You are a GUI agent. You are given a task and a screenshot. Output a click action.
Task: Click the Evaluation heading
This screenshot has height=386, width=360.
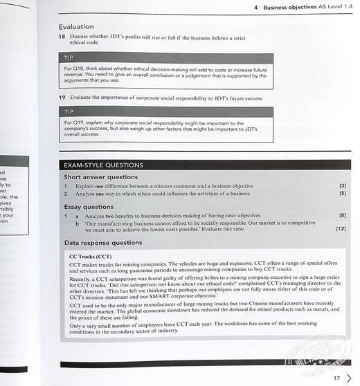point(75,27)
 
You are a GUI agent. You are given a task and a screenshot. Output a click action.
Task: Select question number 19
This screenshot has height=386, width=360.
point(62,99)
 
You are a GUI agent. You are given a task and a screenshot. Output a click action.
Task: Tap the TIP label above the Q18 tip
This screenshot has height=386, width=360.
point(69,59)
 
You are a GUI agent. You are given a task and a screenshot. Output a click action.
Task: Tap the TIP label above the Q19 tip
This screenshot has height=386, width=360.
point(69,112)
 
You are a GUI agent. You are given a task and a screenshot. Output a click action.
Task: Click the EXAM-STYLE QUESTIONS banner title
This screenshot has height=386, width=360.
point(103,165)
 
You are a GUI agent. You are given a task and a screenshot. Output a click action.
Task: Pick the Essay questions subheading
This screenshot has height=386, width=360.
point(89,206)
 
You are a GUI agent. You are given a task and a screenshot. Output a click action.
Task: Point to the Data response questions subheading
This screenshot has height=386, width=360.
point(103,243)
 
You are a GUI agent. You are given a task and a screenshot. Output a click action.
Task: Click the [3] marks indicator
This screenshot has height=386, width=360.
point(342,186)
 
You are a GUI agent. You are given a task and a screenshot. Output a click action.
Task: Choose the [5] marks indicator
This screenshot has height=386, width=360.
point(342,194)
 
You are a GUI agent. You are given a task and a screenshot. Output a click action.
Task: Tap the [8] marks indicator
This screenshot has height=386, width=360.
point(342,215)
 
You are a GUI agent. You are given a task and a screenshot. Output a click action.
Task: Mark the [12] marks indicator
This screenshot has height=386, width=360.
point(340,228)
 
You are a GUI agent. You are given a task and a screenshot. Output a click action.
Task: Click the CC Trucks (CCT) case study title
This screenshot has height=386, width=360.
point(91,257)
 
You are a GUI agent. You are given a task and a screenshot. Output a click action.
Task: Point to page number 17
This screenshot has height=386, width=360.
point(336,378)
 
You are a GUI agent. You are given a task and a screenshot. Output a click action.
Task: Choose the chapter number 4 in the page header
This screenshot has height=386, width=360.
point(256,8)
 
